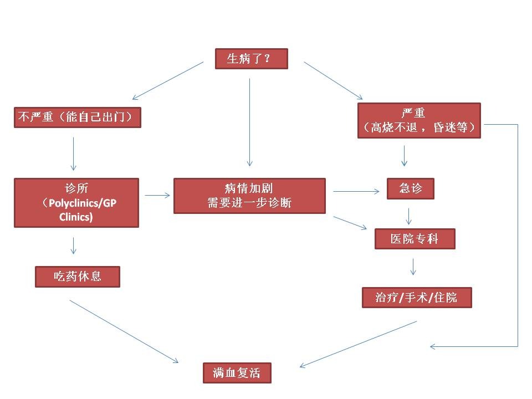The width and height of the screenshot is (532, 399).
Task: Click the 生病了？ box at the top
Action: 251,59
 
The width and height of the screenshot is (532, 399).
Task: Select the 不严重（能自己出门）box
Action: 77,117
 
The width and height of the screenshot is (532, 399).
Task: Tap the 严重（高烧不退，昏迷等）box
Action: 419,120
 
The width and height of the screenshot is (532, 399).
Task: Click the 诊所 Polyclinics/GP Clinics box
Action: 76,202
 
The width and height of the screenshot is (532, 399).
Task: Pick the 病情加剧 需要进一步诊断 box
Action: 249,196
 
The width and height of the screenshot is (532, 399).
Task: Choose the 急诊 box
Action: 410,188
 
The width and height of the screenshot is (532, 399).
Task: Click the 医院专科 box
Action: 415,239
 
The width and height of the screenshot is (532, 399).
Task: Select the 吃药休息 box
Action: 78,276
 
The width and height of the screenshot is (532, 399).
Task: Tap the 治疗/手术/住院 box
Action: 416,297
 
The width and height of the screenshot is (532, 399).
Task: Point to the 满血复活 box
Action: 238,372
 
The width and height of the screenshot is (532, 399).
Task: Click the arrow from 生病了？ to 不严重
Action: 168,80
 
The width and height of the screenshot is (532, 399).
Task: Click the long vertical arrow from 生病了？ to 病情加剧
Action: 249,122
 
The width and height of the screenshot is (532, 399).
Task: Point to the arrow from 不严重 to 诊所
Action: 73,154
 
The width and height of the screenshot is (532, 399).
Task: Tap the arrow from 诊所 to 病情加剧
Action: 157,195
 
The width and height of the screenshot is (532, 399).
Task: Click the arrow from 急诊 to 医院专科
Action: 409,216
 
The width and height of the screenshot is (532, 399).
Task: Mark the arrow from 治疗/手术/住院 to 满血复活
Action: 358,344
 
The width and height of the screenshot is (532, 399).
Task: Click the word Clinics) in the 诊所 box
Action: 76,217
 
